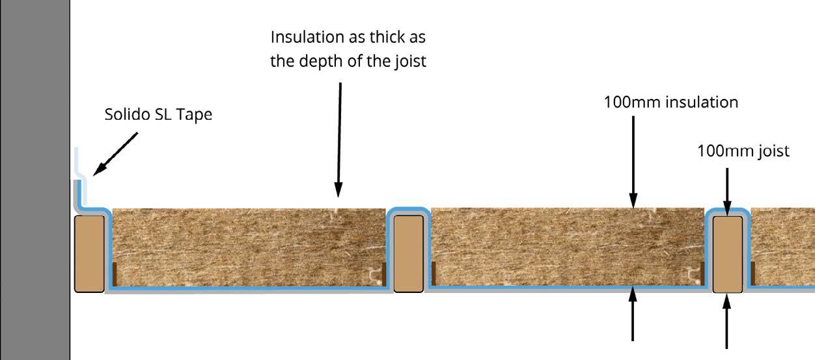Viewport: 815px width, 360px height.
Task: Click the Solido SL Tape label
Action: pyautogui.click(x=158, y=115)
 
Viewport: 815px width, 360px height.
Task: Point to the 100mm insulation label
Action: pyautogui.click(x=671, y=102)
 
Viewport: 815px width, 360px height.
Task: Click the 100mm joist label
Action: pyautogui.click(x=743, y=151)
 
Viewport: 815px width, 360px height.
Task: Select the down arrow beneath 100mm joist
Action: pyautogui.click(x=727, y=188)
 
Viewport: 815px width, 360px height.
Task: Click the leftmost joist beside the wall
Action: pyautogui.click(x=89, y=253)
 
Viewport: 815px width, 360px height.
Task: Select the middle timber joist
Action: pyautogui.click(x=408, y=253)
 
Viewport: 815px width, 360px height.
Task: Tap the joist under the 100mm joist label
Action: pyautogui.click(x=727, y=254)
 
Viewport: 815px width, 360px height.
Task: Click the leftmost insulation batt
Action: pyautogui.click(x=247, y=247)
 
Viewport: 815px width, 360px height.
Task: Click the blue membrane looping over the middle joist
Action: pyautogui.click(x=408, y=210)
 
